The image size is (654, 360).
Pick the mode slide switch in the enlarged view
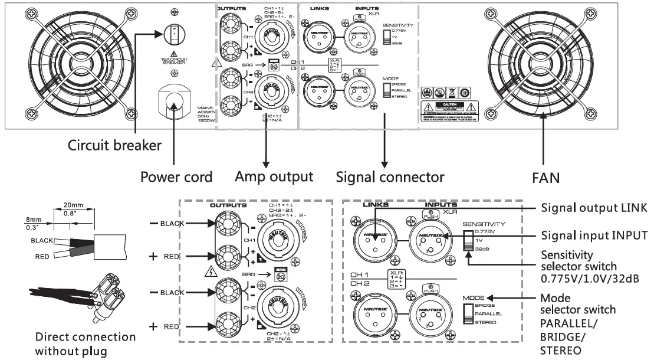point(468,314)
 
